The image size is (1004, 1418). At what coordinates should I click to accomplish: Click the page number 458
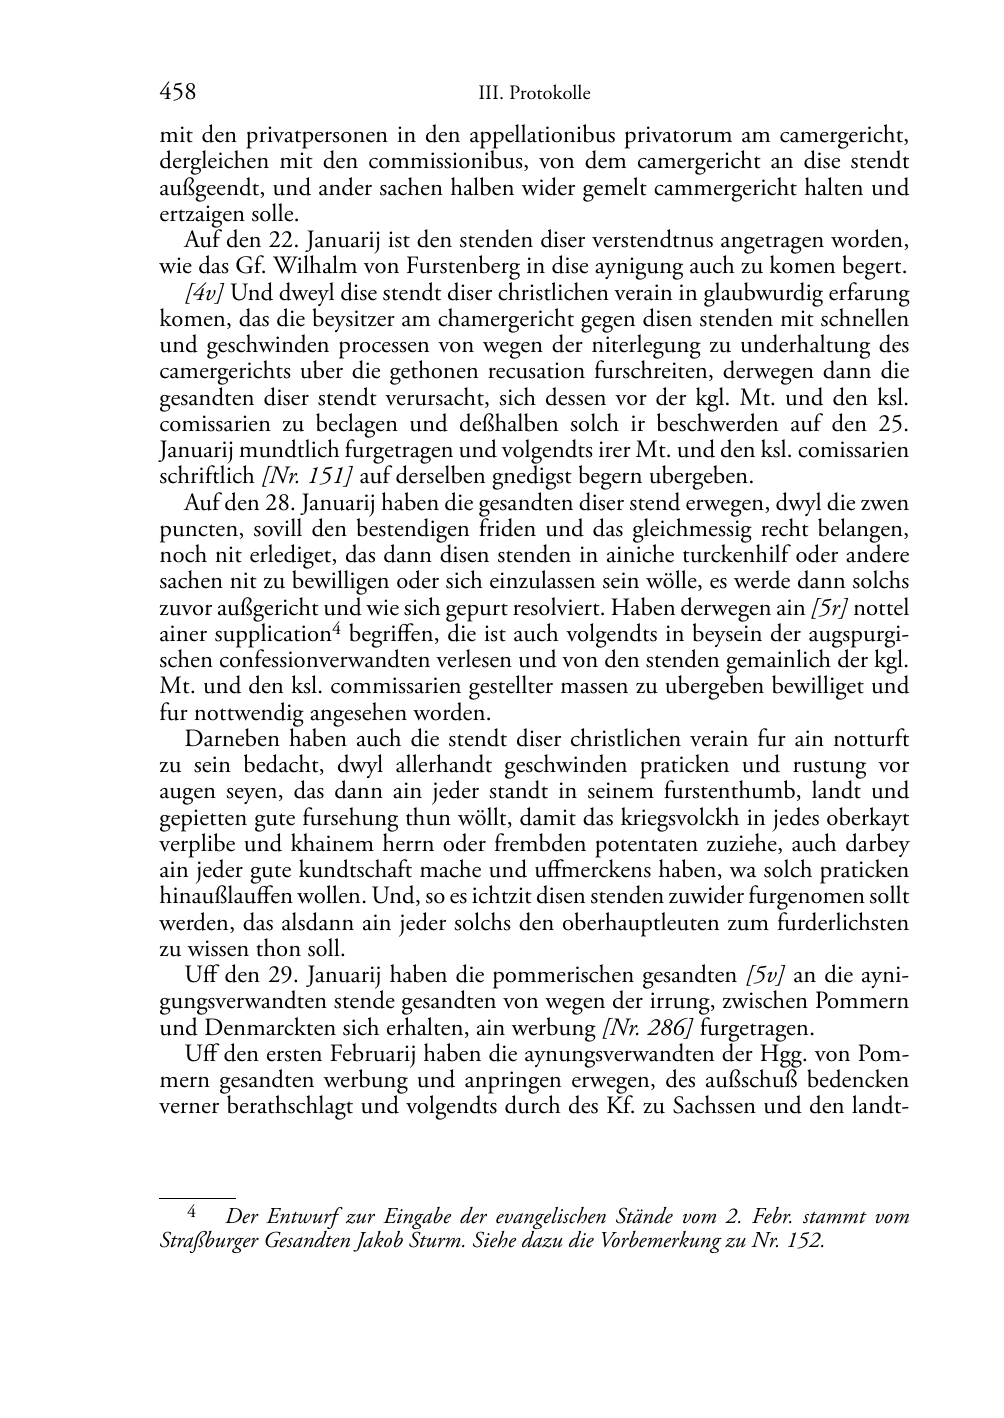click(x=177, y=93)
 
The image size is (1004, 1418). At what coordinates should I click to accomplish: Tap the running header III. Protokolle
click(x=534, y=94)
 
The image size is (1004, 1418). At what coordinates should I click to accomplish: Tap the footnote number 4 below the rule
click(x=193, y=1212)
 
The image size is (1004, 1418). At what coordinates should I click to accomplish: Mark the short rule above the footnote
click(x=197, y=1196)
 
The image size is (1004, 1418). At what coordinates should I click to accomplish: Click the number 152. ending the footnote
click(x=805, y=1241)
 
